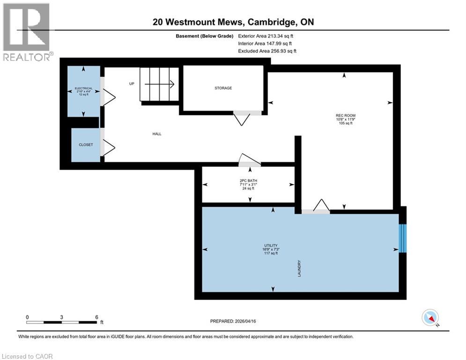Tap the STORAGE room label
(x=223, y=88)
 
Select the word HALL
(x=156, y=134)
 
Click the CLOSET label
(x=85, y=145)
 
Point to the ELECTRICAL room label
(x=83, y=88)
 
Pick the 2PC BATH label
(x=249, y=181)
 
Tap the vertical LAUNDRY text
(x=298, y=269)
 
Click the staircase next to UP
(x=159, y=84)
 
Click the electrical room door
(x=108, y=97)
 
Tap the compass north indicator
(x=430, y=318)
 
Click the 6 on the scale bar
(x=96, y=317)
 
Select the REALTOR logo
(x=26, y=32)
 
